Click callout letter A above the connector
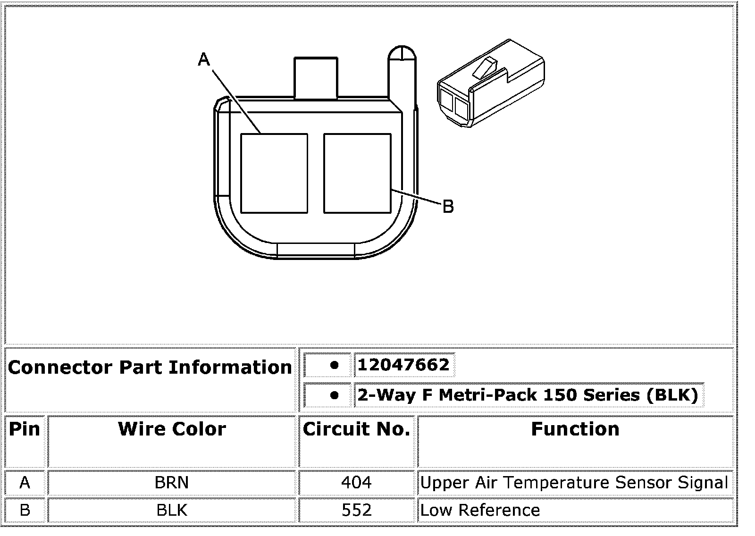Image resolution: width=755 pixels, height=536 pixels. (x=204, y=59)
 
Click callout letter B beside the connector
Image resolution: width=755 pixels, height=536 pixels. (x=448, y=206)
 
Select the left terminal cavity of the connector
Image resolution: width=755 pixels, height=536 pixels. (x=274, y=173)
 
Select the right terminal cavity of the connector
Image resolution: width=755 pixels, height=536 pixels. (x=357, y=173)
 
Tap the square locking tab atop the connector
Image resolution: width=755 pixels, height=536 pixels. (x=316, y=78)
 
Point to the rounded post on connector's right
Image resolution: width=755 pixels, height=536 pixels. (x=402, y=77)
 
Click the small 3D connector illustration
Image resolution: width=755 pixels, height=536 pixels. (x=491, y=83)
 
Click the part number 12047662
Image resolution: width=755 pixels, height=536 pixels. (x=403, y=365)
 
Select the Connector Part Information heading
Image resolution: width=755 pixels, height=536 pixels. (x=150, y=367)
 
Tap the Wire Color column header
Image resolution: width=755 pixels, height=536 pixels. (x=172, y=429)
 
